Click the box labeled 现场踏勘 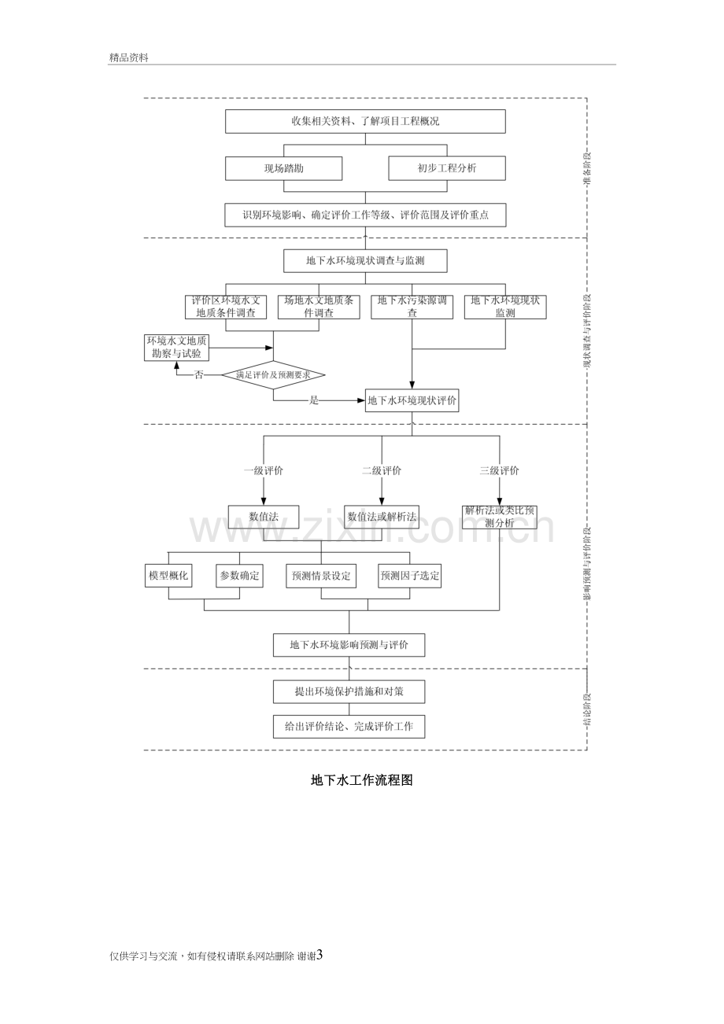pos(283,168)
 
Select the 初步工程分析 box pos(447,168)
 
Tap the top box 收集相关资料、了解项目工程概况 pos(365,121)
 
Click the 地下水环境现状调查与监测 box pos(365,260)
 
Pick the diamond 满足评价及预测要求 pos(274,375)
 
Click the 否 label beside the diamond pos(198,375)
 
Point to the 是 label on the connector pos(314,401)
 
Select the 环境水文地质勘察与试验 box pos(176,347)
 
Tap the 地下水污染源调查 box pos(412,307)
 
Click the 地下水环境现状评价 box pos(412,400)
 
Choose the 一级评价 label pos(264,470)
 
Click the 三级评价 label pos(499,470)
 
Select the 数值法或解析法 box pos(382,517)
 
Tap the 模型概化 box pos(168,576)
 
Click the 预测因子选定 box pos(409,576)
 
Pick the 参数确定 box pos(239,576)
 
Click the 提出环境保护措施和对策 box pos(349,691)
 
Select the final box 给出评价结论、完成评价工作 pos(349,727)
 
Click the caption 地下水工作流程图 pos(362,780)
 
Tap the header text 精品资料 pos(129,57)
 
